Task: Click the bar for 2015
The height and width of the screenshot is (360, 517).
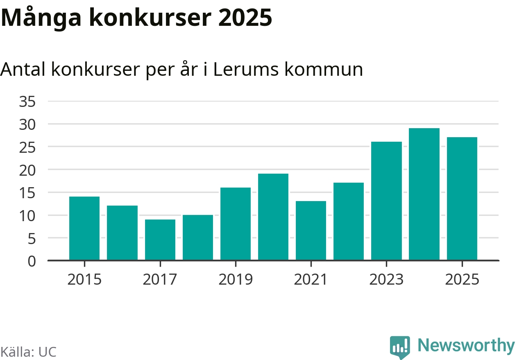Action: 84,228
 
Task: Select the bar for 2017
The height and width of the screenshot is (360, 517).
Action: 160,240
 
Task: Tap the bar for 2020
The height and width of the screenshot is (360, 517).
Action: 273,217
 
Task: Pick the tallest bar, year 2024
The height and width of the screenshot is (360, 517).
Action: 424,194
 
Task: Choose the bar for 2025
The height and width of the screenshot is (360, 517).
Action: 462,199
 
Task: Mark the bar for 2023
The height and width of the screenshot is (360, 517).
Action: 386,201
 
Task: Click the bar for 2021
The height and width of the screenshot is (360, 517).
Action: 311,231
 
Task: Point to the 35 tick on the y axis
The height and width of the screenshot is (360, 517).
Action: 28,102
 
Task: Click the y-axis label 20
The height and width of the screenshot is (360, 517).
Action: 28,170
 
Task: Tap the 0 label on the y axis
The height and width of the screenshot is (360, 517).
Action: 32,261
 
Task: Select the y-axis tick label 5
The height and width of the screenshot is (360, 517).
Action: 32,238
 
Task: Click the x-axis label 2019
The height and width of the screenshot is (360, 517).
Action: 236,280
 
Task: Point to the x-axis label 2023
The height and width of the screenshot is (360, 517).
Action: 386,280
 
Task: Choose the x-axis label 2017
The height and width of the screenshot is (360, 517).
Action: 160,280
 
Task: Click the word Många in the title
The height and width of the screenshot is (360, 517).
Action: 39,18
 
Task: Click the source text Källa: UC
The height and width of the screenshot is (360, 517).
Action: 28,352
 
